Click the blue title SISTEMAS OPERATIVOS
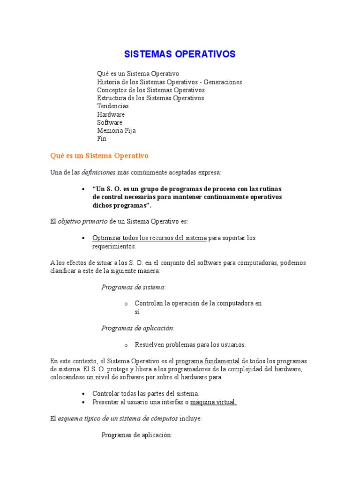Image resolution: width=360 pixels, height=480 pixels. click(180, 54)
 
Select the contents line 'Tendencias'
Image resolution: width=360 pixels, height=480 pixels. click(112, 106)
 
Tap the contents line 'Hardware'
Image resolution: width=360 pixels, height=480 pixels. click(111, 114)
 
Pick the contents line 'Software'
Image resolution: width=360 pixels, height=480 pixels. click(110, 122)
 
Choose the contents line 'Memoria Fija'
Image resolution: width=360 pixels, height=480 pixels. click(116, 130)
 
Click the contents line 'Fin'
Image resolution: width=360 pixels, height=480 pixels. click(102, 139)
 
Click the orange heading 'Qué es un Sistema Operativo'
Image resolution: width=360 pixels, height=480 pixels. click(99, 155)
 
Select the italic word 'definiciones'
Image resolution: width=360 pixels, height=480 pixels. click(98, 172)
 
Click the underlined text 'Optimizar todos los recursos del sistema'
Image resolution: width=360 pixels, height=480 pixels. click(150, 238)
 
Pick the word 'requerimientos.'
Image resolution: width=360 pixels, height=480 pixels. click(114, 246)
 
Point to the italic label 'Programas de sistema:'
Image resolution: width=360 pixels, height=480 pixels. click(134, 287)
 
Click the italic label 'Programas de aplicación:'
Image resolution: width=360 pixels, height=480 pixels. click(138, 328)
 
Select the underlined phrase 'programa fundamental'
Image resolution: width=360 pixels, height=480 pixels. click(207, 361)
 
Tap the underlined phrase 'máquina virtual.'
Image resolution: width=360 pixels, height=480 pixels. click(213, 402)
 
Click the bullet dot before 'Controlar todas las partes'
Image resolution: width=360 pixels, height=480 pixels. click(83, 394)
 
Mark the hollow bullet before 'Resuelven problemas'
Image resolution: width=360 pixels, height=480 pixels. click(126, 345)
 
